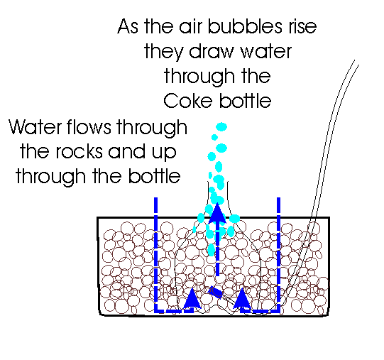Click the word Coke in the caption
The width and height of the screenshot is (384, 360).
click(187, 101)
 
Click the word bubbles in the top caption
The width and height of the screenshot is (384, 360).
click(245, 26)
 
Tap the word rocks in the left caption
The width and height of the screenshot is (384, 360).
click(79, 151)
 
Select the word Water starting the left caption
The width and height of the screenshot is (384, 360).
click(35, 127)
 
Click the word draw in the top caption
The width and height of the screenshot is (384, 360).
click(212, 51)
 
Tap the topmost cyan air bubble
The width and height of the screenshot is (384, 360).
click(221, 127)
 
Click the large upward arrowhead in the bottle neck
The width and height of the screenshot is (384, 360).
click(217, 213)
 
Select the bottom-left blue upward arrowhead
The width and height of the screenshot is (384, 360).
click(192, 298)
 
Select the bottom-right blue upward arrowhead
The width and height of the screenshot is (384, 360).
click(242, 298)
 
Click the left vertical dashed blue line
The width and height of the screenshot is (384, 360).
click(155, 255)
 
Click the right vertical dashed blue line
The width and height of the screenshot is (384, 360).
click(278, 255)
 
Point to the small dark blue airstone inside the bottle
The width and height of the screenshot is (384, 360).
click(216, 292)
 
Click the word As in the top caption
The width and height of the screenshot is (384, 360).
click(128, 26)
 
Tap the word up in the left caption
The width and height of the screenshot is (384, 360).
click(164, 153)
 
